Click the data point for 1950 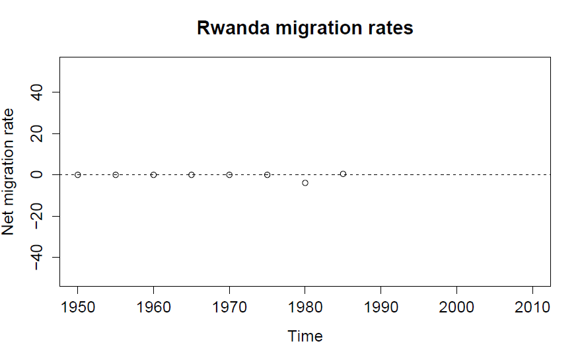click(x=77, y=174)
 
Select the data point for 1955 click(x=116, y=174)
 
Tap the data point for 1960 click(x=153, y=174)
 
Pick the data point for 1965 click(x=192, y=174)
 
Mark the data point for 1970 click(x=229, y=174)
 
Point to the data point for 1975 click(x=268, y=174)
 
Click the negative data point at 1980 click(x=305, y=182)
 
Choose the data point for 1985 click(x=343, y=174)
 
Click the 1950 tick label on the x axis click(x=77, y=308)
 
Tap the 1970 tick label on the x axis click(x=229, y=308)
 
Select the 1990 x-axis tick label click(x=381, y=308)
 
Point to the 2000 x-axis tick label click(x=456, y=308)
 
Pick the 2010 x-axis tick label click(x=532, y=308)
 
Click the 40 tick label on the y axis click(x=37, y=92)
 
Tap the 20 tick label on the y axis click(x=37, y=133)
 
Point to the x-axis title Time click(x=305, y=336)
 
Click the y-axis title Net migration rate click(x=9, y=174)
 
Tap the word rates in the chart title click(x=390, y=28)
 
